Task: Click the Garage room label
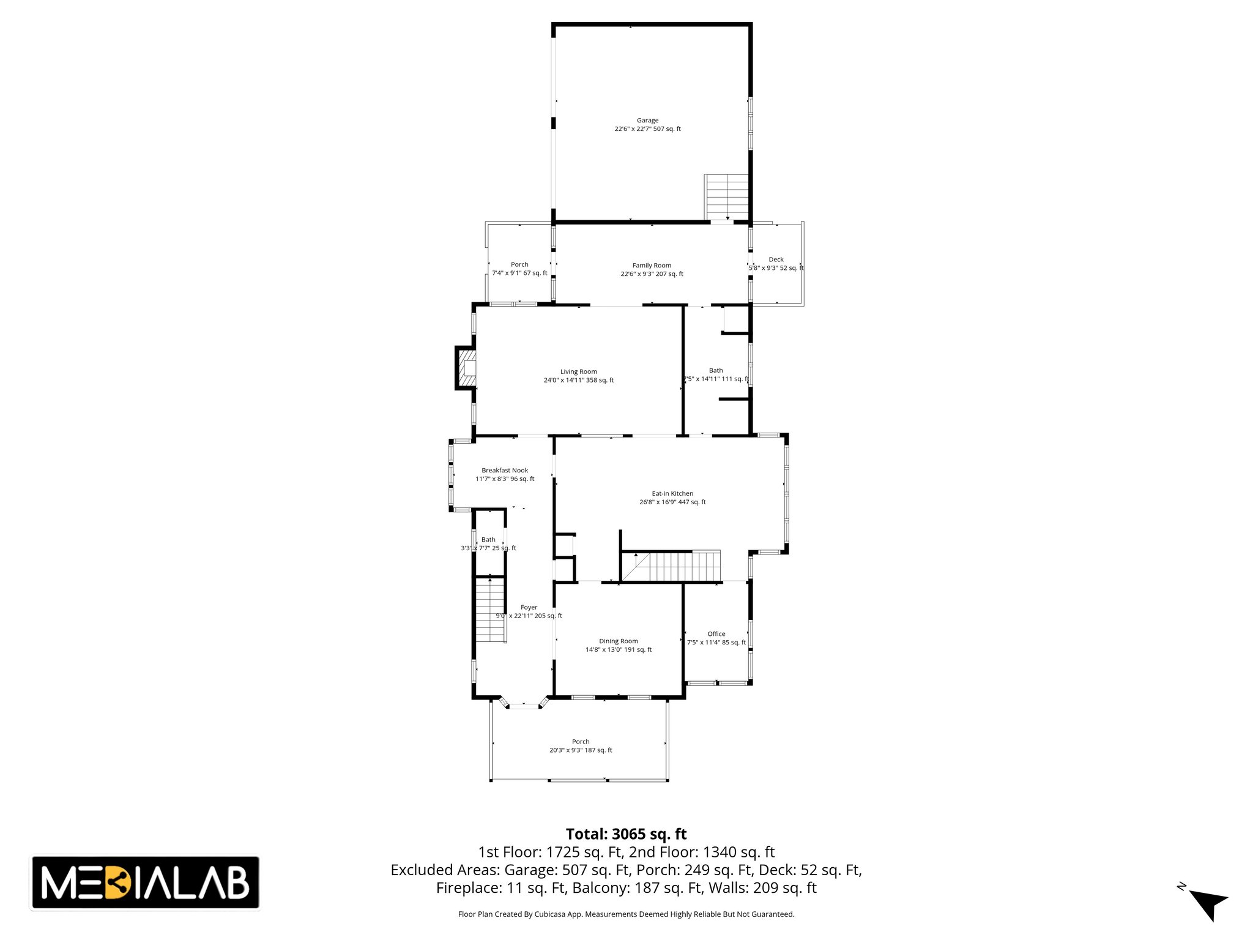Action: (647, 121)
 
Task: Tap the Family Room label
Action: (652, 266)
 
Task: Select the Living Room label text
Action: (578, 371)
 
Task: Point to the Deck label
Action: (776, 259)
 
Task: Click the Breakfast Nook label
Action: (505, 471)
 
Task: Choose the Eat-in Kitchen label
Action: (672, 493)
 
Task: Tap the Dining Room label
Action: (618, 641)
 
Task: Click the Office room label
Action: (716, 634)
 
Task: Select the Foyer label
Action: (529, 608)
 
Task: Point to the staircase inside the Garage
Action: (726, 196)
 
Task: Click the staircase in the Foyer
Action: (491, 610)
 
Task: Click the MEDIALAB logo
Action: (145, 882)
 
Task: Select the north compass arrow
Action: (1208, 903)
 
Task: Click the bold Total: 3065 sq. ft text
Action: (626, 834)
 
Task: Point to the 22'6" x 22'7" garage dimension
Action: (647, 129)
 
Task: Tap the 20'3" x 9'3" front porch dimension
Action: (581, 750)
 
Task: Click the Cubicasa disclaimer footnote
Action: (626, 914)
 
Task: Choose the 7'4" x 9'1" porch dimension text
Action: (519, 273)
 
